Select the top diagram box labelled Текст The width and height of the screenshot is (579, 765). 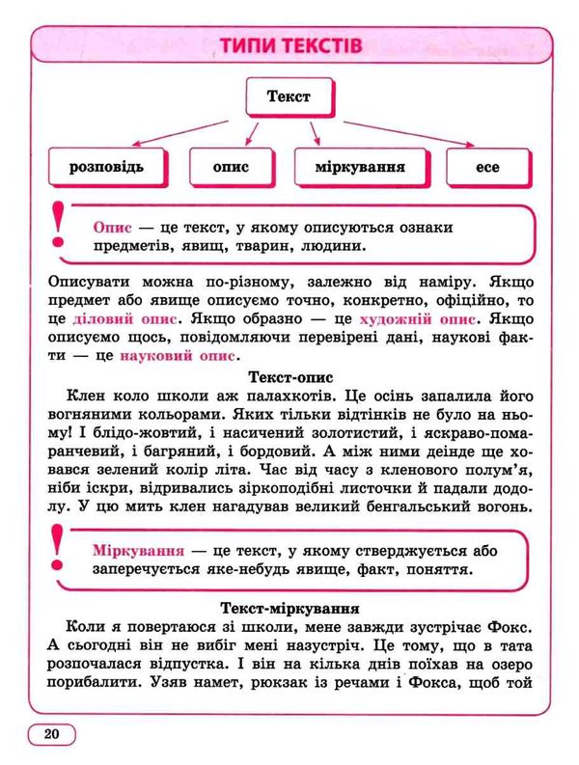point(289,96)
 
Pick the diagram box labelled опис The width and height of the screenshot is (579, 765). point(232,167)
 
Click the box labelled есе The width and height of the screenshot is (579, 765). point(487,167)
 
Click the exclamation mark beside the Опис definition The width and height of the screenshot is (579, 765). point(60,223)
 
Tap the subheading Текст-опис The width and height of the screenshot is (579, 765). point(289,377)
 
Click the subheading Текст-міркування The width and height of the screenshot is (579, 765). point(289,608)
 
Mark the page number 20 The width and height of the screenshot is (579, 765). point(51,734)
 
